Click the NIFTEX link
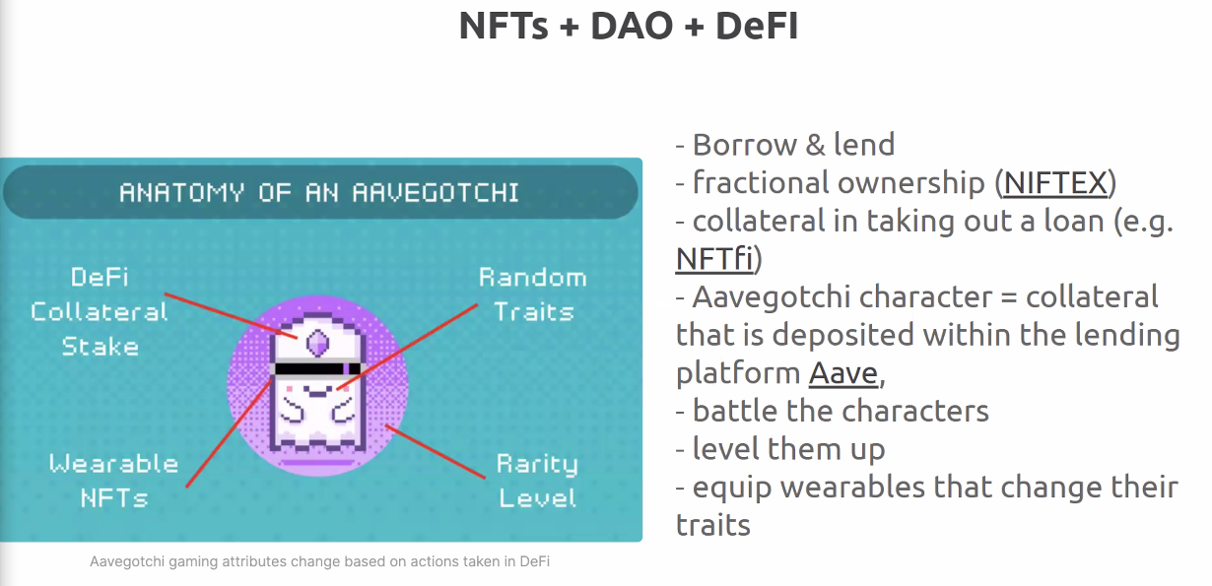[1055, 183]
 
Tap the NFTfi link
[714, 258]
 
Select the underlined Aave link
[843, 373]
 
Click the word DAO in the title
[632, 26]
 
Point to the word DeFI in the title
[757, 26]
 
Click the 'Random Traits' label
[533, 294]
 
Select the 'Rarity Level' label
[537, 481]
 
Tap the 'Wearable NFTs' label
[114, 481]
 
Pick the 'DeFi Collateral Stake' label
[100, 312]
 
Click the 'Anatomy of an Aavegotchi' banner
[320, 192]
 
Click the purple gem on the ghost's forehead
[317, 342]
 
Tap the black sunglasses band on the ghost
[317, 369]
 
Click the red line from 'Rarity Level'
[436, 452]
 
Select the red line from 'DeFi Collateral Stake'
[231, 316]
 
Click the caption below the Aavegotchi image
[320, 561]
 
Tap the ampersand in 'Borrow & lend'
[816, 145]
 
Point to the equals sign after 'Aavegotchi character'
[1009, 297]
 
